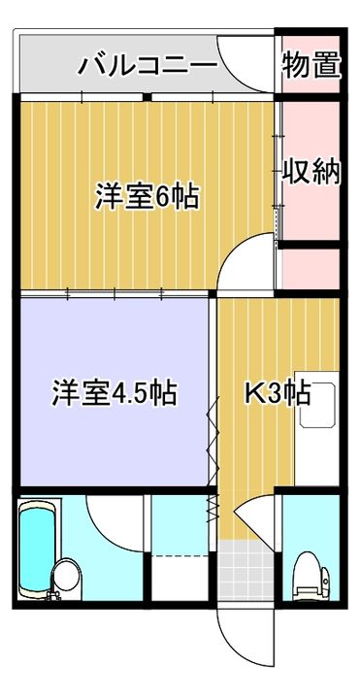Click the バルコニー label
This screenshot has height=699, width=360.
(147, 66)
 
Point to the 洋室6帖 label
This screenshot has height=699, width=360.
(147, 196)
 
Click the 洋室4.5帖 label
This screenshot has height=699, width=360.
(115, 392)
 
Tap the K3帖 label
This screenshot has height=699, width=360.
(278, 393)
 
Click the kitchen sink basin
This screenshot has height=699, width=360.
(317, 404)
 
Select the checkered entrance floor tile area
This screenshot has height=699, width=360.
(245, 571)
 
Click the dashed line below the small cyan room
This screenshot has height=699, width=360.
(180, 556)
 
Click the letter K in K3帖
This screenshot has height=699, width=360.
(254, 393)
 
